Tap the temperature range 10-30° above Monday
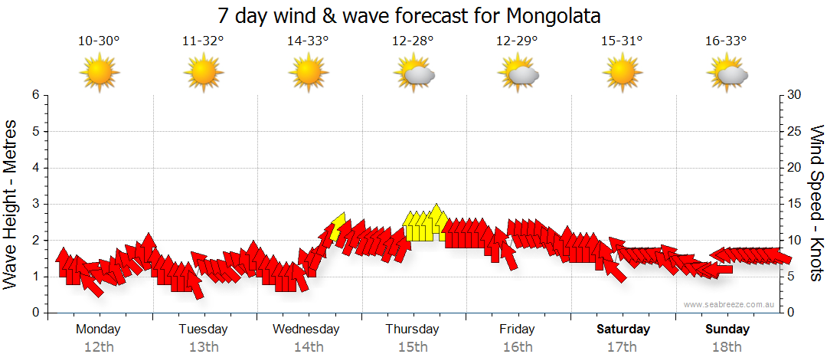point(99,41)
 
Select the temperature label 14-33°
point(308,41)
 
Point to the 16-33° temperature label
point(726,41)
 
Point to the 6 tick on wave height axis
point(35,95)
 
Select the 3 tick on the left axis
point(35,204)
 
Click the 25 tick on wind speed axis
point(795,131)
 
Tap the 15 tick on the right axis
point(795,204)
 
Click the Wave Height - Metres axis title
point(11,204)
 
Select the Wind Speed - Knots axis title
point(816,204)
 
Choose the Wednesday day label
point(306,330)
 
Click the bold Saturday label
point(623,330)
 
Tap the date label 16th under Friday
point(518,347)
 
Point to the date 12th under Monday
point(99,347)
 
